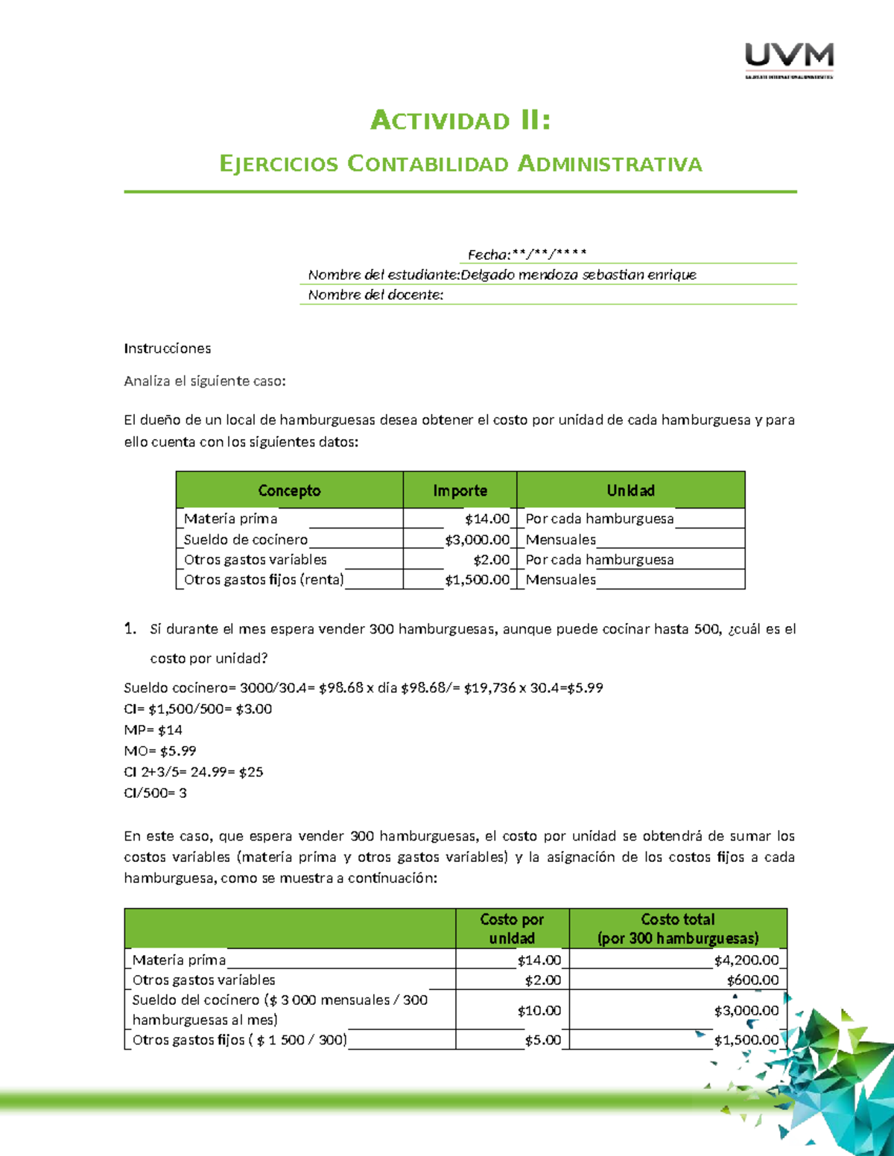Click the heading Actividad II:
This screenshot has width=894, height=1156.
(x=460, y=121)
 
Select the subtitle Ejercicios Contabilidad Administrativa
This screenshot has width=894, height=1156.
(x=460, y=164)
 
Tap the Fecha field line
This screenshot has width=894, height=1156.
(x=527, y=255)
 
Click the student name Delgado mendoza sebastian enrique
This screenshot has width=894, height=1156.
(x=578, y=275)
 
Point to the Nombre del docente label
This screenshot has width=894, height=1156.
(x=375, y=295)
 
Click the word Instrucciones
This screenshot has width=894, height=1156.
(x=168, y=348)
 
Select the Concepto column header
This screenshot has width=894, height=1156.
(x=289, y=491)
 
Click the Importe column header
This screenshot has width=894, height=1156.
(x=460, y=491)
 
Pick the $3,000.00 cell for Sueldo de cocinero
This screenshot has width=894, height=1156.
(x=477, y=540)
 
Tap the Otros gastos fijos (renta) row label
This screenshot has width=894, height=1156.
(x=264, y=579)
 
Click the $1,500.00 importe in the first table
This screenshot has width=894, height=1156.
(x=477, y=579)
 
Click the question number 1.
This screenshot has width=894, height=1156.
(x=130, y=629)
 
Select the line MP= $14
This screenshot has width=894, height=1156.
(x=153, y=729)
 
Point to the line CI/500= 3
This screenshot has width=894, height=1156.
(x=155, y=793)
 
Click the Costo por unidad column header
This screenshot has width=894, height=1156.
(x=512, y=928)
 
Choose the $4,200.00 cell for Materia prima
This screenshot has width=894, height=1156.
(x=746, y=960)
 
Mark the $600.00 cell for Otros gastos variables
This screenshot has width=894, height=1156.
(x=752, y=980)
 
